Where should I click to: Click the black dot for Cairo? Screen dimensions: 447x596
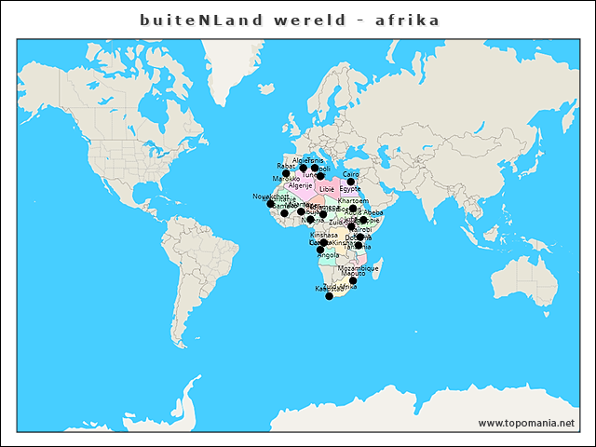pos(351,182)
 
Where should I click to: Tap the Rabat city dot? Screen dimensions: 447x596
pos(286,173)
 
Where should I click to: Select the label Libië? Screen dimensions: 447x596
pos(326,189)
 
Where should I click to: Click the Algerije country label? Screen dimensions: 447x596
pos(300,185)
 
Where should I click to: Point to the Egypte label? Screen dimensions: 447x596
pos(350,189)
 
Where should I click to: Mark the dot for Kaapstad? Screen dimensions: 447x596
pos(329,296)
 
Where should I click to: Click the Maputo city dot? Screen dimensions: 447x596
pos(353,280)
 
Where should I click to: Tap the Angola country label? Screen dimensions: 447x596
pos(328,255)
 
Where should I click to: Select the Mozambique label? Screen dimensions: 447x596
pos(359,268)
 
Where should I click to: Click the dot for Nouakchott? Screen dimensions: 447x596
pos(271,203)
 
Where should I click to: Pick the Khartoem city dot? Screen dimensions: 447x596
pos(353,208)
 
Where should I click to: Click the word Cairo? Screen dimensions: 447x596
pos(351,174)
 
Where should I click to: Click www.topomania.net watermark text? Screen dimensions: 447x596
pos(526,423)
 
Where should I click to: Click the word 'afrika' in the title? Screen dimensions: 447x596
pos(407,20)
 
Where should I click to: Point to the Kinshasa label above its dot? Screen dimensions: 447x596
pos(324,236)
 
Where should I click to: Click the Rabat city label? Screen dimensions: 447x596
pos(286,166)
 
